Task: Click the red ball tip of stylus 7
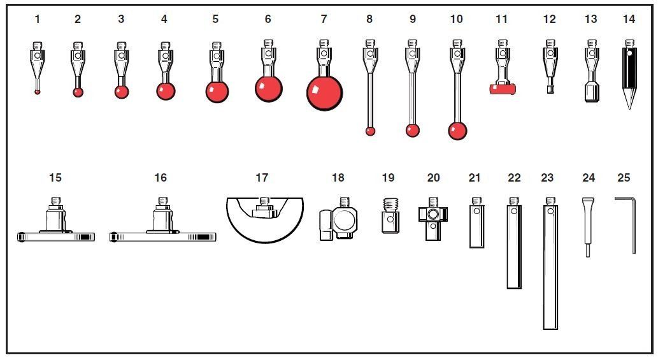pos(324,93)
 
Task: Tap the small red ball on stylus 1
pos(38,92)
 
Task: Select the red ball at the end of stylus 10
pos(457,131)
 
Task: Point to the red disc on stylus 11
pos(503,89)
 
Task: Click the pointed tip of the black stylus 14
pos(629,108)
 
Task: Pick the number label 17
pos(261,178)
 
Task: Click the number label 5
pos(215,19)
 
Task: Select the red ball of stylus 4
pos(166,91)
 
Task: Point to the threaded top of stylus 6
pos(269,43)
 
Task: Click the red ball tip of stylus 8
pos(370,131)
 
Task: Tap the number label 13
pos(590,19)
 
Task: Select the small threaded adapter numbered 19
pos(390,215)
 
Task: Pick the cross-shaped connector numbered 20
pos(433,219)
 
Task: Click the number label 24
pos(589,178)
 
